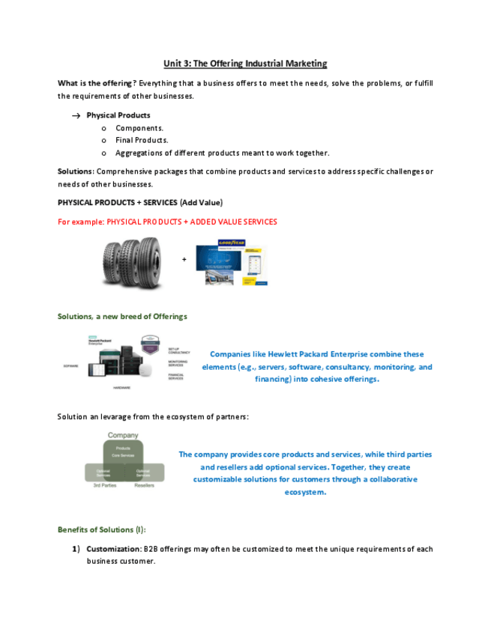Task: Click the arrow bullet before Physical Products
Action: pyautogui.click(x=76, y=116)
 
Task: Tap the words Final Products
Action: pyautogui.click(x=142, y=140)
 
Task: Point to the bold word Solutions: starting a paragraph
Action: pyautogui.click(x=76, y=171)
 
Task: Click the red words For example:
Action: pyautogui.click(x=81, y=222)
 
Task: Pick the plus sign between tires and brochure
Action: pyautogui.click(x=184, y=260)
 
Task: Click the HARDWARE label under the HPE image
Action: pyautogui.click(x=121, y=388)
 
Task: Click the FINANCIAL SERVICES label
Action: pyautogui.click(x=176, y=376)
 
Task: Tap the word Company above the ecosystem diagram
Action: pyautogui.click(x=123, y=435)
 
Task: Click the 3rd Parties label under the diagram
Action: pyautogui.click(x=104, y=486)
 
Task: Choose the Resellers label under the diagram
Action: pyautogui.click(x=144, y=486)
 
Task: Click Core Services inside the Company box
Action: pyautogui.click(x=123, y=455)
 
